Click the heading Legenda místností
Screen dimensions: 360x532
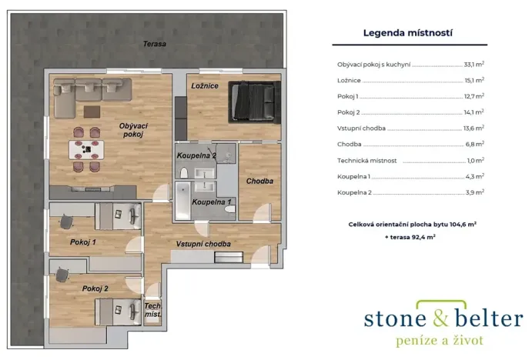[407, 33]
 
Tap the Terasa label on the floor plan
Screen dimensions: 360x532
[154, 44]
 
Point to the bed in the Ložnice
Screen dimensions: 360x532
[253, 101]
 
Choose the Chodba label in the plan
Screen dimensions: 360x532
[259, 181]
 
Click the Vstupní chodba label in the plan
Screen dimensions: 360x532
[203, 244]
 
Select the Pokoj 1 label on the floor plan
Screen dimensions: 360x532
[82, 242]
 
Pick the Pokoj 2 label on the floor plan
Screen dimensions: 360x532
[95, 288]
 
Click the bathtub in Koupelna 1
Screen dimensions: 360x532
[183, 200]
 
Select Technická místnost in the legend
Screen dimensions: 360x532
[366, 161]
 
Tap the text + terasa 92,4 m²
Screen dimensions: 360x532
[410, 238]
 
